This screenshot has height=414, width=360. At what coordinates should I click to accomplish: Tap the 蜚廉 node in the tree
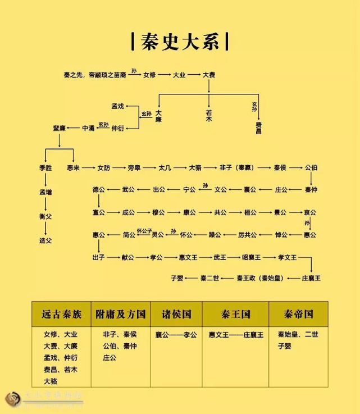point(60,128)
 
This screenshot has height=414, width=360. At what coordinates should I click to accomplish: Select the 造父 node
point(45,240)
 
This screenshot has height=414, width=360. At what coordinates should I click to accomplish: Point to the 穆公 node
point(159,212)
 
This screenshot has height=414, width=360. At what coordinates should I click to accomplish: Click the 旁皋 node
point(134,167)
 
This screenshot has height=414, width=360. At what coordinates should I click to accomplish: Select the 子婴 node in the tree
point(178,278)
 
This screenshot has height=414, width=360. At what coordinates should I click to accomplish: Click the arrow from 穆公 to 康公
point(174,212)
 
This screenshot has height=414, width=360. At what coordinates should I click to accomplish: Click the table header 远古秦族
point(62,314)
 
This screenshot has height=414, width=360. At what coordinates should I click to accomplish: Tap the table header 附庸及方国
point(121,314)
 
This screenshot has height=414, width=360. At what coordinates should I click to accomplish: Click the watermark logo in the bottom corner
point(12,399)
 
